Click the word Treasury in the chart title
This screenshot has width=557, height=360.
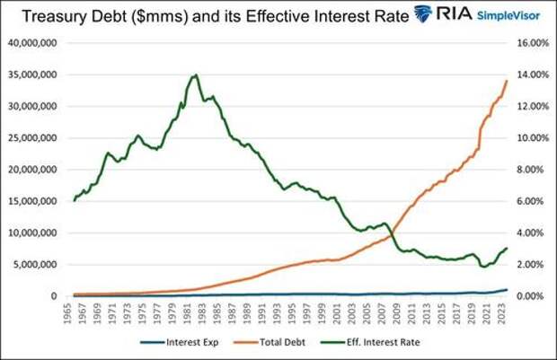click(46, 14)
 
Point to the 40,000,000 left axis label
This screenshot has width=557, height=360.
click(34, 43)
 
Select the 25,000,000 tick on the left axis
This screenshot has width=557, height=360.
click(34, 138)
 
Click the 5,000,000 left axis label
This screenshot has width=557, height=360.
click(37, 265)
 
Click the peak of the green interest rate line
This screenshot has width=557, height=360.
click(196, 75)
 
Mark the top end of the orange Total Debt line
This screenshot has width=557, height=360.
click(507, 81)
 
